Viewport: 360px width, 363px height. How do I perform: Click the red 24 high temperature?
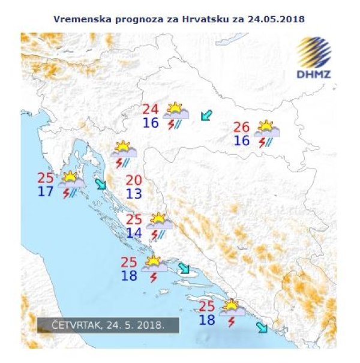(150, 110)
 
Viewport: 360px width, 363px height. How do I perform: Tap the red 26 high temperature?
(241, 127)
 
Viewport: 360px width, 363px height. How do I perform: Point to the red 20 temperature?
(134, 179)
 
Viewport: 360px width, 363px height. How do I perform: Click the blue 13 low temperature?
(134, 193)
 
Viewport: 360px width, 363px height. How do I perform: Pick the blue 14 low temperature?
(134, 233)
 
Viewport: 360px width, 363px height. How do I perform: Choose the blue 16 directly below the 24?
(150, 124)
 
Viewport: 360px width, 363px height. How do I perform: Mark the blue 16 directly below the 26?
(241, 141)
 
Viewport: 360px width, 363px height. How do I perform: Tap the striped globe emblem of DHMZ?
(314, 53)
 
